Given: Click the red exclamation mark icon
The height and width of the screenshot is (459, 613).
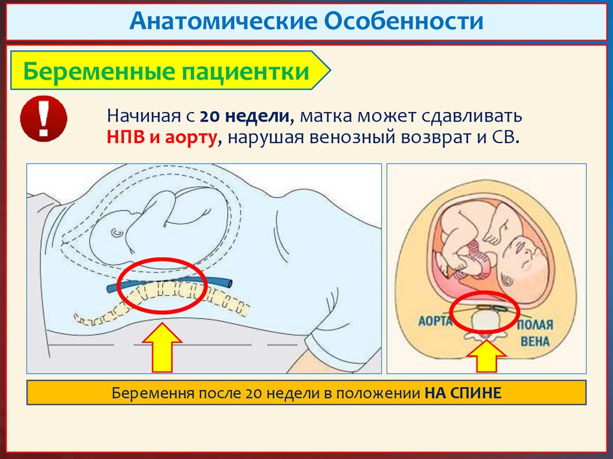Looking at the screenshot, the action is click(43, 118).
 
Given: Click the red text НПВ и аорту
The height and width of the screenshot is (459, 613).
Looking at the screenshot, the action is click(161, 138).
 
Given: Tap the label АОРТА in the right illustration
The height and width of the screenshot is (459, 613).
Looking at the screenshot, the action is click(434, 320).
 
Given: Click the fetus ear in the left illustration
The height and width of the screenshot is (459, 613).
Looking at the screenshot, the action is click(116, 230).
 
